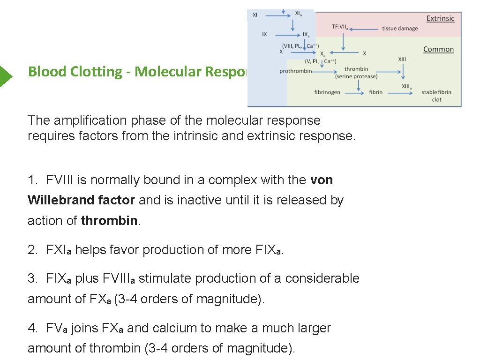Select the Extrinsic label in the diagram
440,19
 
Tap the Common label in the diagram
438,49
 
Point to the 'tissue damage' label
400,29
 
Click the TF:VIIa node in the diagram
343,27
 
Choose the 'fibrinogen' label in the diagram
327,92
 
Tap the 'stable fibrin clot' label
436,96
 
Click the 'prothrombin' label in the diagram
295,71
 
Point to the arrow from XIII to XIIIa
403,72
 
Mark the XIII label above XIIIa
402,60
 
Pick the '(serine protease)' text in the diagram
356,76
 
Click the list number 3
32,278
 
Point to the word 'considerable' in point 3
322,278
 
